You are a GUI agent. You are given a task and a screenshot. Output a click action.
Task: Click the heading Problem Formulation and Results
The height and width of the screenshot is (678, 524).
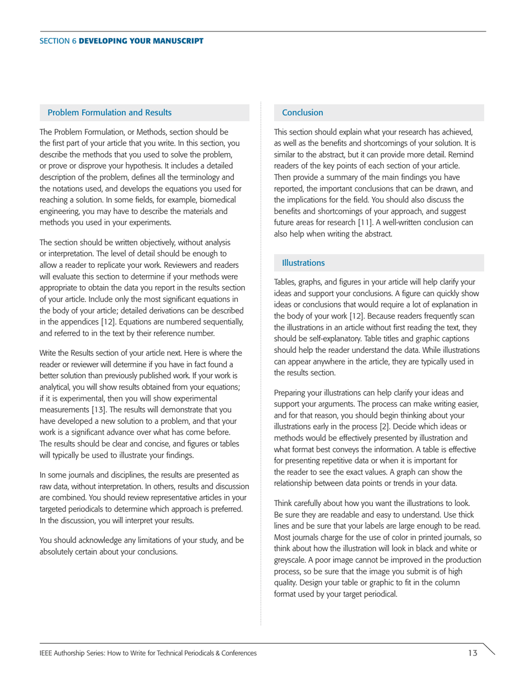coord(110,112)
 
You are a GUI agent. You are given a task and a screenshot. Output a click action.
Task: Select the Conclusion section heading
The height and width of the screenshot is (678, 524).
coord(302,112)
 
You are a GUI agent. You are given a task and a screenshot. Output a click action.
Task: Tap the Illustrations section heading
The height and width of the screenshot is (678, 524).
coord(303,262)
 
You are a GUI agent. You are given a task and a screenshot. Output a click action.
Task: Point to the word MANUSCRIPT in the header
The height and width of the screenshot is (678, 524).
coord(177,41)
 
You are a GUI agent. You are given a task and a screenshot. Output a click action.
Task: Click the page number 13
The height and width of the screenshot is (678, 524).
coord(472,653)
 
